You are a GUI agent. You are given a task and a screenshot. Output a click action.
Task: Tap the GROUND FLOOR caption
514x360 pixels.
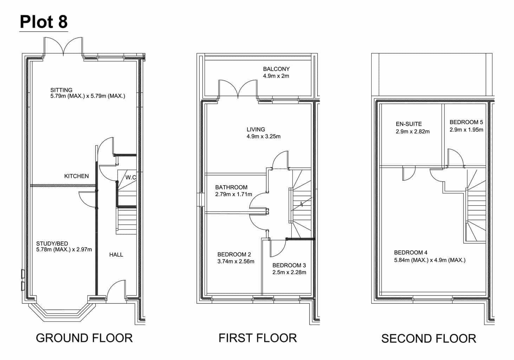[84, 338]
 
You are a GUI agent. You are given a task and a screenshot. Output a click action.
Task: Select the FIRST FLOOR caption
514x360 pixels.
[258, 338]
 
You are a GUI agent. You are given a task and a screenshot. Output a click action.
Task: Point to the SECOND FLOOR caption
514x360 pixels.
[429, 339]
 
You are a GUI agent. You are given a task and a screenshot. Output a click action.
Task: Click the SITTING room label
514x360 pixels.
[61, 90]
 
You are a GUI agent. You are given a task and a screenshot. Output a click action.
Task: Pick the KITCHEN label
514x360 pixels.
[76, 176]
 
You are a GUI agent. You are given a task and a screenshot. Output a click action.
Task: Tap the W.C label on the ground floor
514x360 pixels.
[131, 177]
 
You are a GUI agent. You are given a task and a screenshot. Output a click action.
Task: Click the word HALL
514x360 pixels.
[116, 255]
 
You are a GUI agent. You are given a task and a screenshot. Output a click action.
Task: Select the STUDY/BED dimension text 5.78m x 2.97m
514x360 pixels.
[64, 250]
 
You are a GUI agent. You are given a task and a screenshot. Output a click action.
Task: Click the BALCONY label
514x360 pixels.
[276, 69]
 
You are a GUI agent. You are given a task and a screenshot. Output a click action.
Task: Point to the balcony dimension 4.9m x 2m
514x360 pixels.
[276, 76]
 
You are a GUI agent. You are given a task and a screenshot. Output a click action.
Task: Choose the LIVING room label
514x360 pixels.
[256, 129]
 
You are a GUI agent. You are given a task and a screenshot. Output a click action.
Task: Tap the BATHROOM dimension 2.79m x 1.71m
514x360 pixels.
[234, 194]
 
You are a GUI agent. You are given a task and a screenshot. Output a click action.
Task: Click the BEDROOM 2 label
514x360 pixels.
[234, 255]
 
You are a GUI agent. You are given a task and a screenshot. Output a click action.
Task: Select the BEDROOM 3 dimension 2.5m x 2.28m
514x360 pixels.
[289, 272]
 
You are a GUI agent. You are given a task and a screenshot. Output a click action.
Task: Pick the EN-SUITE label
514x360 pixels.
[409, 124]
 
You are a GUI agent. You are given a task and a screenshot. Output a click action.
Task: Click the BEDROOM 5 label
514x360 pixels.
[466, 122]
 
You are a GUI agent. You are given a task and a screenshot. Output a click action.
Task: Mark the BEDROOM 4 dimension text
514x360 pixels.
[430, 260]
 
